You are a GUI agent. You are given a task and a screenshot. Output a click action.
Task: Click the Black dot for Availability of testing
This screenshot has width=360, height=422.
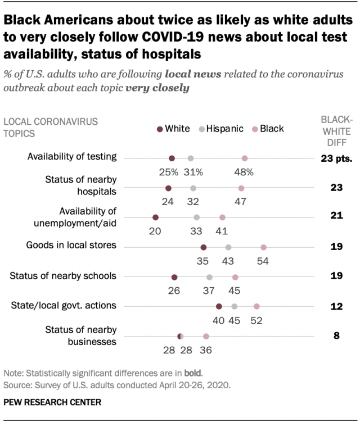tap(245, 158)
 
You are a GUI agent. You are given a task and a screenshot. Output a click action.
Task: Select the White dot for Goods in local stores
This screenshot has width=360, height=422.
tap(204, 247)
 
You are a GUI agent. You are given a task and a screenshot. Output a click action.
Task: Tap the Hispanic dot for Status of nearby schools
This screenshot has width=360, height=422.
tap(210, 277)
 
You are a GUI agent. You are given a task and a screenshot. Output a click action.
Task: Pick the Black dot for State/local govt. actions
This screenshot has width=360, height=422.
tap(256, 306)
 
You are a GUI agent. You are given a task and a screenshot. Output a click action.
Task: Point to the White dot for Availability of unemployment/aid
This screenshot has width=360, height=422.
tap(155, 217)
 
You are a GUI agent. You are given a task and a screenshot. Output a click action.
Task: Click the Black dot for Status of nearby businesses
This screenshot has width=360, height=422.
tap(206, 336)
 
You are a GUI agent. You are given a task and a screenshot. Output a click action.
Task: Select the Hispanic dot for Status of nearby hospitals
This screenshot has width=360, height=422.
tap(193, 188)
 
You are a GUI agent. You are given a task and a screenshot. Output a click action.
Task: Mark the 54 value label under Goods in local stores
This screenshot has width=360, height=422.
tap(263, 261)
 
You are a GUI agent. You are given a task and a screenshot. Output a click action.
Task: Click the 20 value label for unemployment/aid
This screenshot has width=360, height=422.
tap(155, 231)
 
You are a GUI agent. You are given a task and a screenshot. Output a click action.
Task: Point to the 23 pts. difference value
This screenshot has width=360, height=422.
tap(336, 158)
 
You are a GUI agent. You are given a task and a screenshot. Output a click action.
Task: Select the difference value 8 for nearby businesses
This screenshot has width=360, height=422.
tap(336, 336)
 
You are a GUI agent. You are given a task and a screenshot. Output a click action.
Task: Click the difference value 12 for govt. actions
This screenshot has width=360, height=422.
tap(336, 306)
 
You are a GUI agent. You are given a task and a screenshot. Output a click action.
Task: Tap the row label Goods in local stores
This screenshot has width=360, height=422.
tap(71, 245)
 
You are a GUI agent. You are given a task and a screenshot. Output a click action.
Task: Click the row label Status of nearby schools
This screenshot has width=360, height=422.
tap(64, 275)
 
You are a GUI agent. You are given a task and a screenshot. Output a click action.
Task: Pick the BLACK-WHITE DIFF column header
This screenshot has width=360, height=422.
tap(336, 130)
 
